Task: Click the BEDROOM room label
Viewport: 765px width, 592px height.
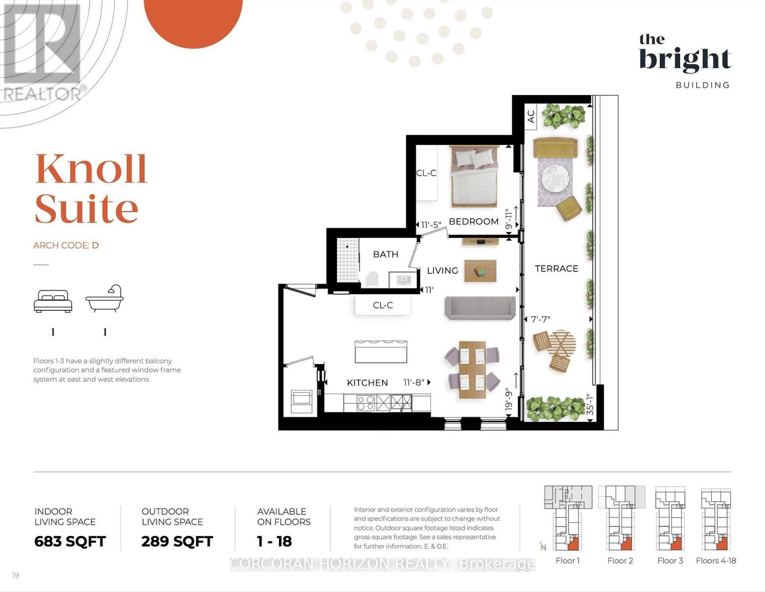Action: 473,222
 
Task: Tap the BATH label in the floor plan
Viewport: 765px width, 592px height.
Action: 385,255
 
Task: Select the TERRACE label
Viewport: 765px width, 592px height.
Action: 557,269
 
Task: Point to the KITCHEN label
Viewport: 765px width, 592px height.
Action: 367,383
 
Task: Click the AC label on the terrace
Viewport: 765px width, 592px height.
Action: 531,116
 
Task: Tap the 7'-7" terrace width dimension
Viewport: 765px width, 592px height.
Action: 540,319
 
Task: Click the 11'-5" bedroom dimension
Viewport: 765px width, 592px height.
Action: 431,225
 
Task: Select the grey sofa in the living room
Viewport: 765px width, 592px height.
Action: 480,308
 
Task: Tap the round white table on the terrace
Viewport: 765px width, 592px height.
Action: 555,178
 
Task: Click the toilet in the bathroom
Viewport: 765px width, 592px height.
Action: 372,279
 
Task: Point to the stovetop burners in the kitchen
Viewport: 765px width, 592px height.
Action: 366,403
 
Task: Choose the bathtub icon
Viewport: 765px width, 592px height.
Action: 105,298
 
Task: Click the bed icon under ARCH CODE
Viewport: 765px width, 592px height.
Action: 53,301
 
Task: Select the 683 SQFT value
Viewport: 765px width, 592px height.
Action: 70,541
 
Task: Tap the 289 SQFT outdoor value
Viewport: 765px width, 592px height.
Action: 177,541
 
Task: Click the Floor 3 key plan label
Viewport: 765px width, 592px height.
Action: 670,561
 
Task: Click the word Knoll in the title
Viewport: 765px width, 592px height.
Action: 91,169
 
